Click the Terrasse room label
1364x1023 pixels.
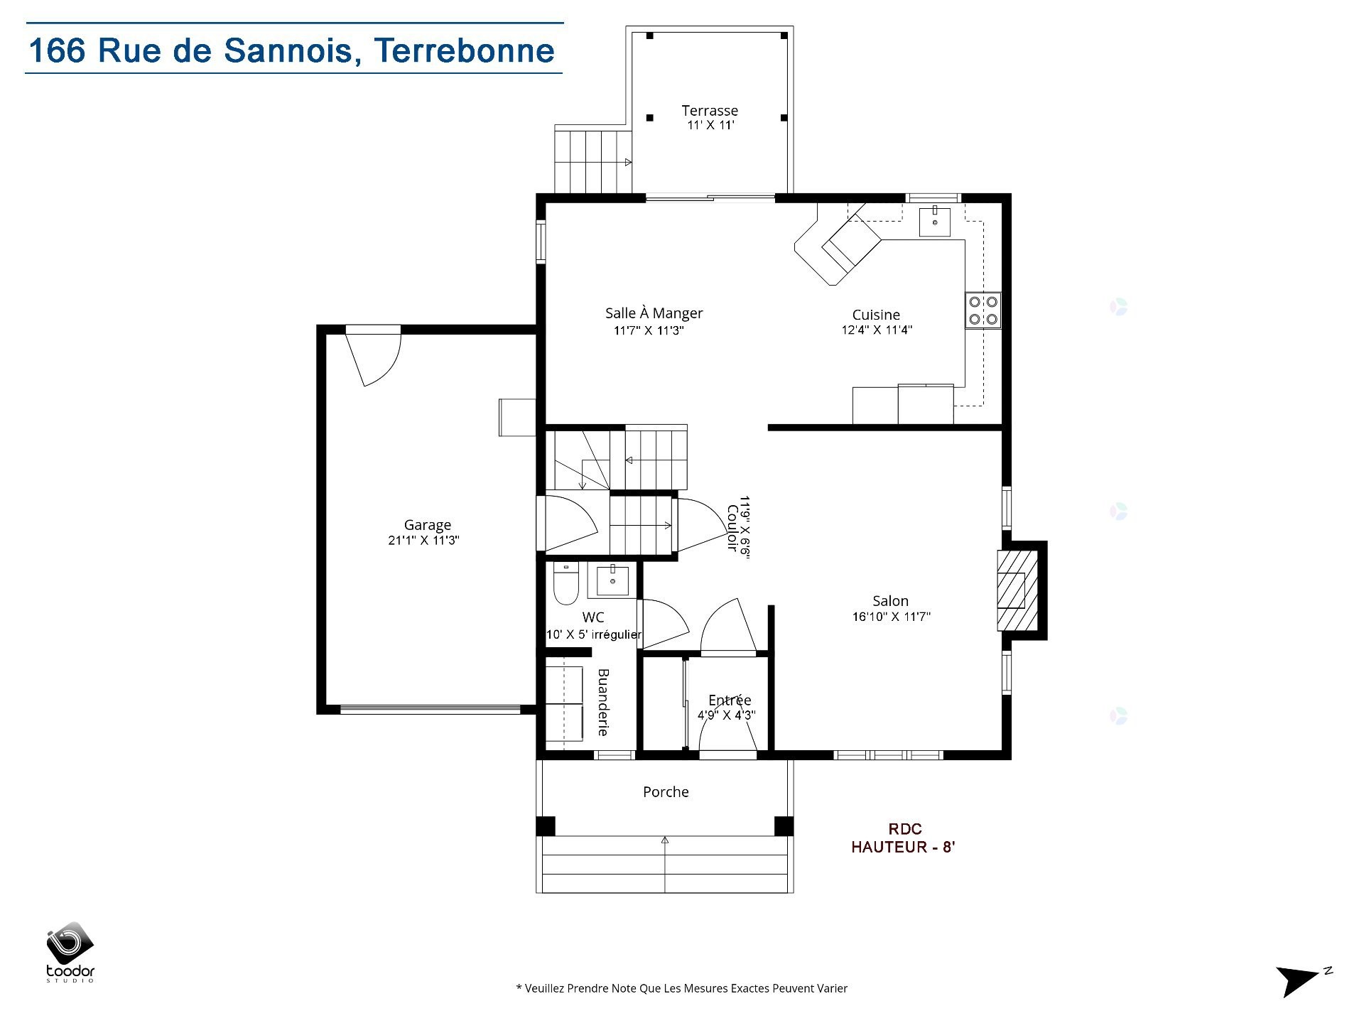[710, 110]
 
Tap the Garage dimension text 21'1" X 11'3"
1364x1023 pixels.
[423, 540]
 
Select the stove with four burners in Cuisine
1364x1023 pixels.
[983, 310]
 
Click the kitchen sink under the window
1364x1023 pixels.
[934, 221]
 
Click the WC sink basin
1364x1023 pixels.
[612, 580]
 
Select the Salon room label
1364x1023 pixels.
[890, 600]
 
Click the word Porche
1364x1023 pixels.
[666, 791]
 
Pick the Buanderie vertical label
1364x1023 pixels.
[602, 701]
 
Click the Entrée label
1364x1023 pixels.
[730, 700]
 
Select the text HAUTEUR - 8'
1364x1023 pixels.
[903, 847]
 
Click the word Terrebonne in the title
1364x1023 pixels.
[465, 50]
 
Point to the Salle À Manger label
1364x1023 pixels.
[654, 313]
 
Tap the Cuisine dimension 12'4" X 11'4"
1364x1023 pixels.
[877, 330]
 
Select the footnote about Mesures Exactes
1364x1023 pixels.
[681, 988]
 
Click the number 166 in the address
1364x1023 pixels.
[57, 50]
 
